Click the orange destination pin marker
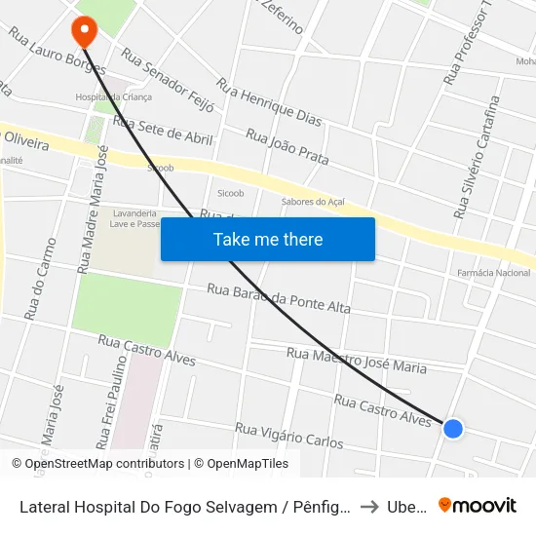84,30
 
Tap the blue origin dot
452,428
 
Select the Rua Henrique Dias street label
269,102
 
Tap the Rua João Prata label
287,146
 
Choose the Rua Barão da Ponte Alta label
279,298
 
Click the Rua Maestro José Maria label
357,361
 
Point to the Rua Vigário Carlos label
289,436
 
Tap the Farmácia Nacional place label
493,273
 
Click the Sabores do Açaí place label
313,202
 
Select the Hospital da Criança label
111,97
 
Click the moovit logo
477,505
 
